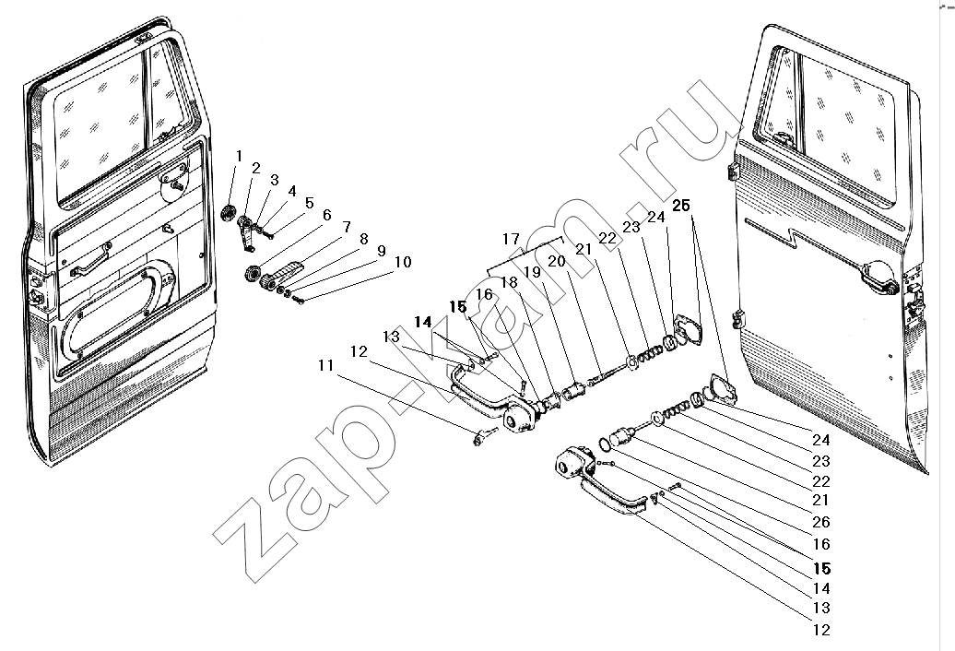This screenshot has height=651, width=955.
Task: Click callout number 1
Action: click(x=239, y=156)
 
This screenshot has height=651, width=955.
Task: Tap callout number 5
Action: click(x=310, y=203)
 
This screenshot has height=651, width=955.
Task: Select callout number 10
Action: click(x=403, y=262)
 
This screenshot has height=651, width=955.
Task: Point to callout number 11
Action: click(x=325, y=365)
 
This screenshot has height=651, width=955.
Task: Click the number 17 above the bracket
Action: click(x=512, y=239)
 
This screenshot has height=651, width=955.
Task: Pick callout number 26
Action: click(x=821, y=522)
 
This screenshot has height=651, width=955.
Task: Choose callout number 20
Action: click(x=557, y=261)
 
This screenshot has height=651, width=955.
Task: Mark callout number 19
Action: click(x=532, y=272)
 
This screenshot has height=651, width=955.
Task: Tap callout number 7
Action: click(x=346, y=227)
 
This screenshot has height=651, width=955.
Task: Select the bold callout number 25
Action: click(x=681, y=206)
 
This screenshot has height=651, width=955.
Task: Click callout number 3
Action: click(x=275, y=180)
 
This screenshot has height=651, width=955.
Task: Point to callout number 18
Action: click(x=509, y=282)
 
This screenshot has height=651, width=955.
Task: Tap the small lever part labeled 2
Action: click(x=245, y=232)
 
